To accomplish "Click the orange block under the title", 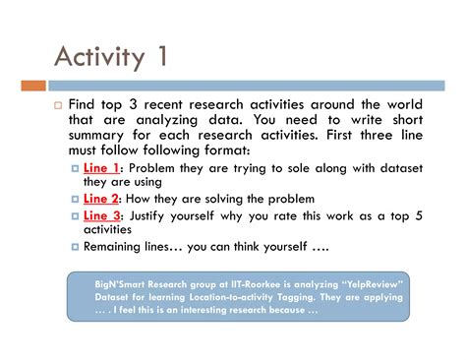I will point(33,86).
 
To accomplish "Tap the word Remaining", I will point(117,247).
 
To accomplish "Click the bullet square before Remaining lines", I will point(76,247).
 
